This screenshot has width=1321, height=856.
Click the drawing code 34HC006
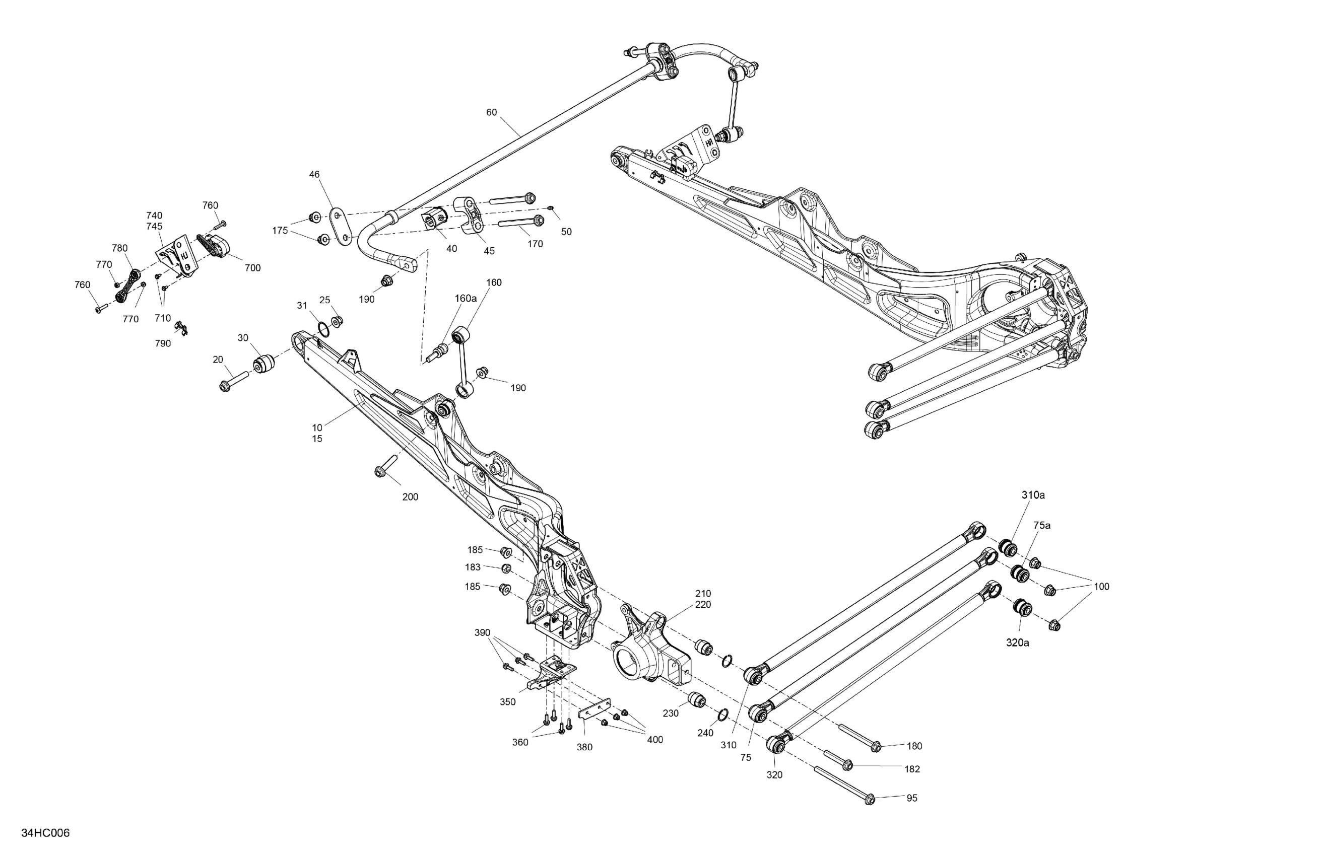pyautogui.click(x=45, y=833)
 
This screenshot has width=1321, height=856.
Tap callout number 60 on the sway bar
pyautogui.click(x=491, y=112)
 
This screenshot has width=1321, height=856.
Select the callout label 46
pyautogui.click(x=314, y=174)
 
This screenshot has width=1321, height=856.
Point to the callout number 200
pyautogui.click(x=410, y=497)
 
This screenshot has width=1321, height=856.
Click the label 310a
pyautogui.click(x=1033, y=495)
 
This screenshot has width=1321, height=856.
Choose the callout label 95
pyautogui.click(x=912, y=798)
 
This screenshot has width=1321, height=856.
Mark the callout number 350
pyautogui.click(x=507, y=702)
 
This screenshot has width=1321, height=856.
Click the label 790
pyautogui.click(x=163, y=343)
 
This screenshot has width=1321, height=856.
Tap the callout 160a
pyautogui.click(x=466, y=299)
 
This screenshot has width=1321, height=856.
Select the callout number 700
pyautogui.click(x=252, y=268)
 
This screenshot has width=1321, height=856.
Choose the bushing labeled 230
pyautogui.click(x=697, y=700)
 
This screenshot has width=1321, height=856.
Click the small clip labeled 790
pyautogui.click(x=181, y=328)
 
